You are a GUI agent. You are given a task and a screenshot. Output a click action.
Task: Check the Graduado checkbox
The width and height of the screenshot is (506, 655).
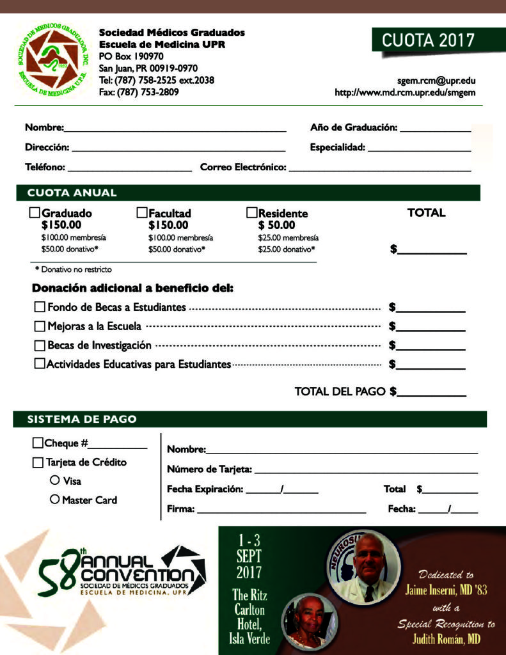[35, 213]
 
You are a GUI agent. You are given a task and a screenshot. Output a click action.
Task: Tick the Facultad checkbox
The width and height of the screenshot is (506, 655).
[142, 213]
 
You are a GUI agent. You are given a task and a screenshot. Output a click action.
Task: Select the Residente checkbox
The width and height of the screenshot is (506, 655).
[252, 213]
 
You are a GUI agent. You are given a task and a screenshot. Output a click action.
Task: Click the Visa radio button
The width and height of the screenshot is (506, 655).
[54, 480]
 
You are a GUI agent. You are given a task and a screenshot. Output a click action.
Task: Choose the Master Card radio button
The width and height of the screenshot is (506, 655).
[54, 499]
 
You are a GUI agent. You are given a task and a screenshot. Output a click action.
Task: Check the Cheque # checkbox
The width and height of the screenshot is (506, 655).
[38, 443]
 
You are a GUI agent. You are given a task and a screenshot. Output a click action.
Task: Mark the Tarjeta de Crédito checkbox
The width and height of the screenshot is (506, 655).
[38, 462]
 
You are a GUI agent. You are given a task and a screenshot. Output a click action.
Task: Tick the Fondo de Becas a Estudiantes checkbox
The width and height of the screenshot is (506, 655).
[40, 307]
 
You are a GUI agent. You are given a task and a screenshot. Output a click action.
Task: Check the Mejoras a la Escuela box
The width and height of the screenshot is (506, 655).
[40, 326]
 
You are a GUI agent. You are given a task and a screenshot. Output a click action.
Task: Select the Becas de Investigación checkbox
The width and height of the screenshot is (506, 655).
[40, 345]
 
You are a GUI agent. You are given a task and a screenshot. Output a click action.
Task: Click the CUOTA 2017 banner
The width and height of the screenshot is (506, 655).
[428, 40]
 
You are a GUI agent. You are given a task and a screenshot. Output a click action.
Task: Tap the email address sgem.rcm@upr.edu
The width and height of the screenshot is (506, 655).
[436, 81]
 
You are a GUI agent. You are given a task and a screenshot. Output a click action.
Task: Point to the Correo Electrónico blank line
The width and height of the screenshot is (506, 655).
[380, 170]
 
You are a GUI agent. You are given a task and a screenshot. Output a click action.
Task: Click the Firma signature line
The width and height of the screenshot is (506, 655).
[281, 511]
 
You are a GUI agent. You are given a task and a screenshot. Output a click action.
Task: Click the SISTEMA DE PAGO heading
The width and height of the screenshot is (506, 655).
[81, 420]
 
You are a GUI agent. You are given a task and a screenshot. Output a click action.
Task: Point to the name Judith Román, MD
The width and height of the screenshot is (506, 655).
[447, 639]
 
